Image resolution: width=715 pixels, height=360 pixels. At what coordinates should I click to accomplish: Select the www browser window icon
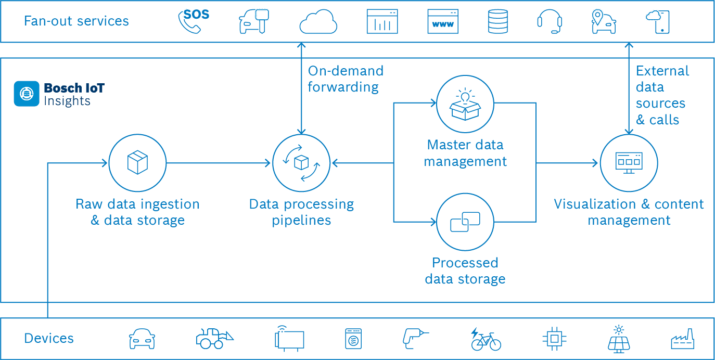click(x=443, y=22)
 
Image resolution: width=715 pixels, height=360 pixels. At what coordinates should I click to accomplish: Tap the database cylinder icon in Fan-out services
click(x=497, y=22)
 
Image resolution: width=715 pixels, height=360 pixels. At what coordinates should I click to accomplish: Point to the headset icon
click(x=550, y=22)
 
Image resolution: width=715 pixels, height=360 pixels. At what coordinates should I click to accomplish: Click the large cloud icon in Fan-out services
click(x=318, y=22)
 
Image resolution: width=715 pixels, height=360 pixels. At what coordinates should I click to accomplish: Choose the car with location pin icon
click(x=603, y=21)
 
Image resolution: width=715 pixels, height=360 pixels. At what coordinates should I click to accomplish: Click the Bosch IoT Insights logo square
click(x=26, y=94)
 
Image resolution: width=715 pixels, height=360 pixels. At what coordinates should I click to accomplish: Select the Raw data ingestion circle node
click(x=137, y=163)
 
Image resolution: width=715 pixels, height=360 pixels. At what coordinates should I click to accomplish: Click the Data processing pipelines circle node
click(x=301, y=163)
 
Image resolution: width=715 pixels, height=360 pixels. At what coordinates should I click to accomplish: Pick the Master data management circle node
click(x=465, y=104)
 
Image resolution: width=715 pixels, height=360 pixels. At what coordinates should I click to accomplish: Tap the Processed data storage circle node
click(x=465, y=222)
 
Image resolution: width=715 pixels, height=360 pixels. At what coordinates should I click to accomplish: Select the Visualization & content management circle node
click(x=629, y=163)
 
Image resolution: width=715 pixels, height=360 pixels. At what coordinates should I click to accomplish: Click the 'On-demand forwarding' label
click(x=345, y=79)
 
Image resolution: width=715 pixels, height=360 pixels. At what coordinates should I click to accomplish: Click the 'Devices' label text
click(x=49, y=339)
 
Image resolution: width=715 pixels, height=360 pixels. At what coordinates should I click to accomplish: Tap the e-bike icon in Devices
click(x=486, y=339)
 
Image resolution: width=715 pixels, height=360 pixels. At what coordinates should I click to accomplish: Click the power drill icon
click(x=415, y=338)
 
